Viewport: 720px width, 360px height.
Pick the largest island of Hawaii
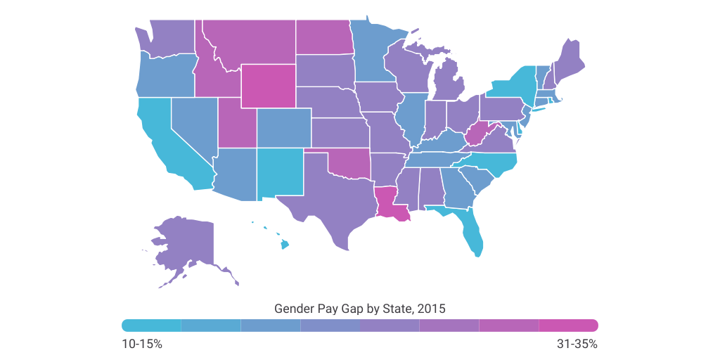285,245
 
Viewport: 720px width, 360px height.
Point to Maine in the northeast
572,60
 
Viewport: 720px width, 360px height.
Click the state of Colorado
283,127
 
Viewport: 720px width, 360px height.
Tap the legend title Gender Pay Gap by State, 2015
359,309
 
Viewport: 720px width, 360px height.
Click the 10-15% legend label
142,345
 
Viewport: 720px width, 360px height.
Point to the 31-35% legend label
577,345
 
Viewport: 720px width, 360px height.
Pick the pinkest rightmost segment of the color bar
568,325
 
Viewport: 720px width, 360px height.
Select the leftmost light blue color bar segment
152,325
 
